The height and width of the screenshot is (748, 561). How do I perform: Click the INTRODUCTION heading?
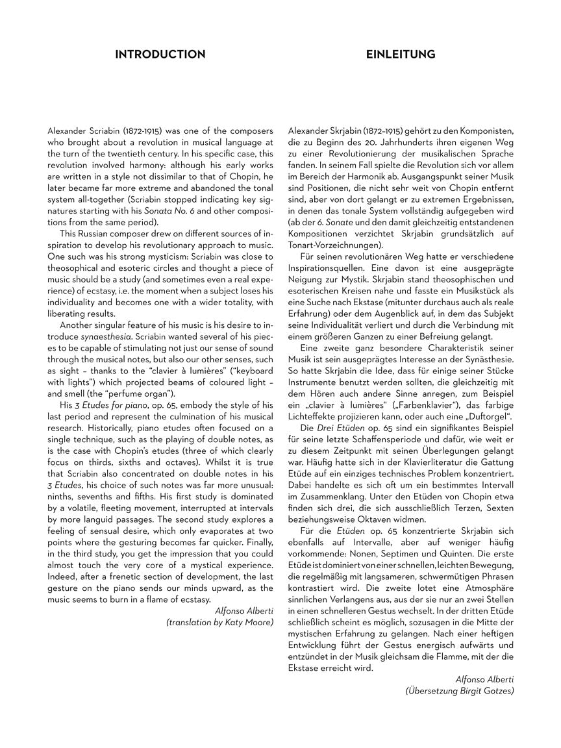pyautogui.click(x=160, y=55)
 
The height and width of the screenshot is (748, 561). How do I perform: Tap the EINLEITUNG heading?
pyautogui.click(x=401, y=55)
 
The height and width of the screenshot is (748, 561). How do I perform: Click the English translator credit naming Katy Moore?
pyautogui.click(x=219, y=622)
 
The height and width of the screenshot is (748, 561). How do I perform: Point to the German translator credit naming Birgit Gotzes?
pyautogui.click(x=459, y=691)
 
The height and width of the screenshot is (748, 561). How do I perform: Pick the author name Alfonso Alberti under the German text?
pyautogui.click(x=484, y=679)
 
